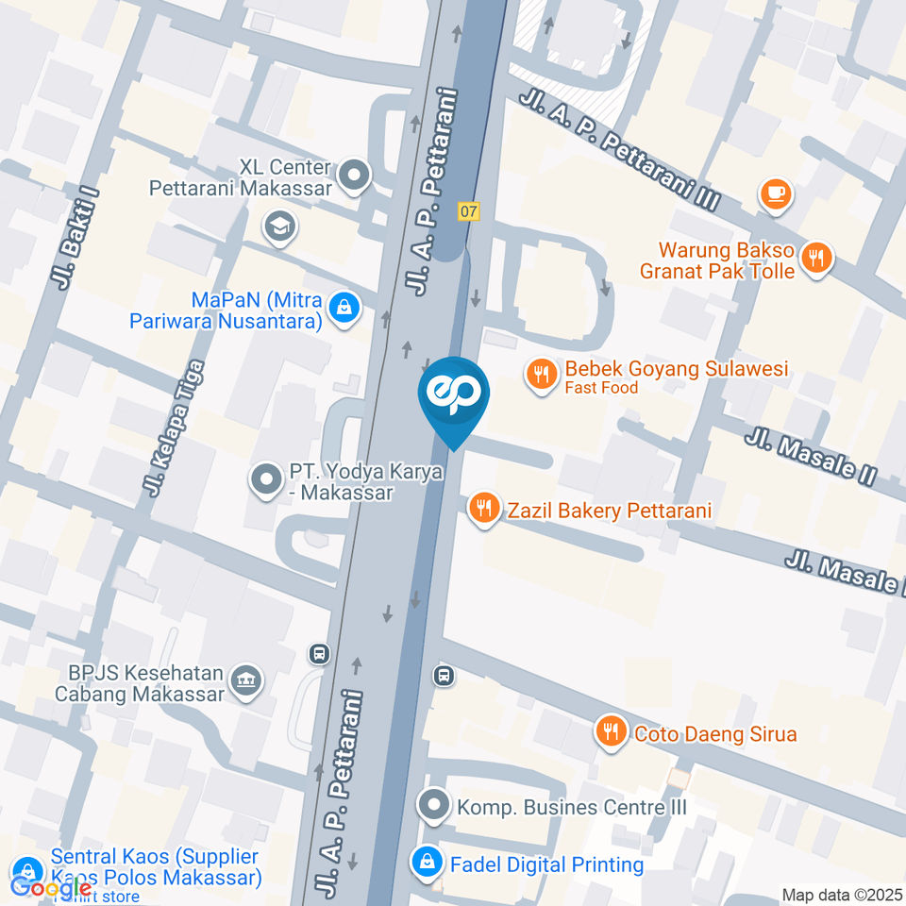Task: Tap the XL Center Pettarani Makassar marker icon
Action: point(355,175)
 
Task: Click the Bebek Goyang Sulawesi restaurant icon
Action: point(541,375)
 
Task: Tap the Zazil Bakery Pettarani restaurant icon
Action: point(484,511)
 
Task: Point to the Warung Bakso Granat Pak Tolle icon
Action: point(815,256)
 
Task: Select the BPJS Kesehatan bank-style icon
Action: point(246,680)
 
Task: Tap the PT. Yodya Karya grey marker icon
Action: point(266,478)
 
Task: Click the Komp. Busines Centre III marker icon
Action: point(434,806)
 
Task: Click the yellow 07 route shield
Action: point(469,211)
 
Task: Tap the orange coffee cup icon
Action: point(777,194)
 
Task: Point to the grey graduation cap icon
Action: point(280,226)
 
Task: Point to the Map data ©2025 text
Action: point(842,895)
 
